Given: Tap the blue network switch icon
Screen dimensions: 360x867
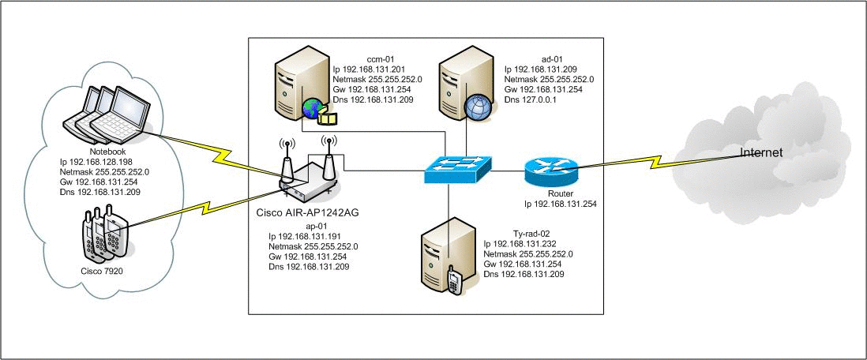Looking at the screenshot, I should coord(457,167).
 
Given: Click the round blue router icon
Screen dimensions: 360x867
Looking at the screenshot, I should coord(550,168).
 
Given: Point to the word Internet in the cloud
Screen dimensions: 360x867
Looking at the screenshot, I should coord(760,152).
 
